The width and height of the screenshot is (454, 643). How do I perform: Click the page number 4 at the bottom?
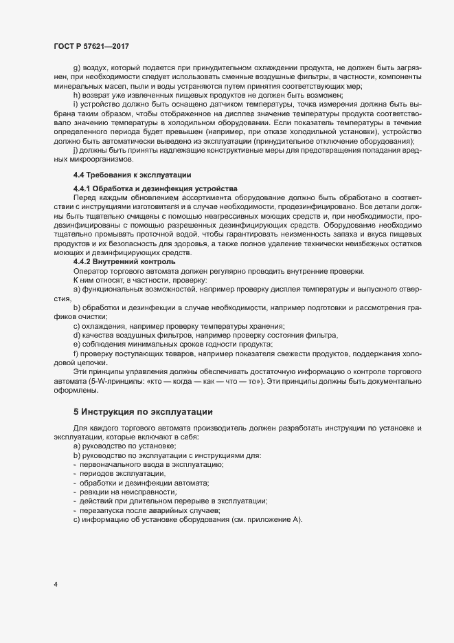[x=55, y=585]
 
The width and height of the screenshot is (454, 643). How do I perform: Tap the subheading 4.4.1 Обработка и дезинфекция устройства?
[x=155, y=188]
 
